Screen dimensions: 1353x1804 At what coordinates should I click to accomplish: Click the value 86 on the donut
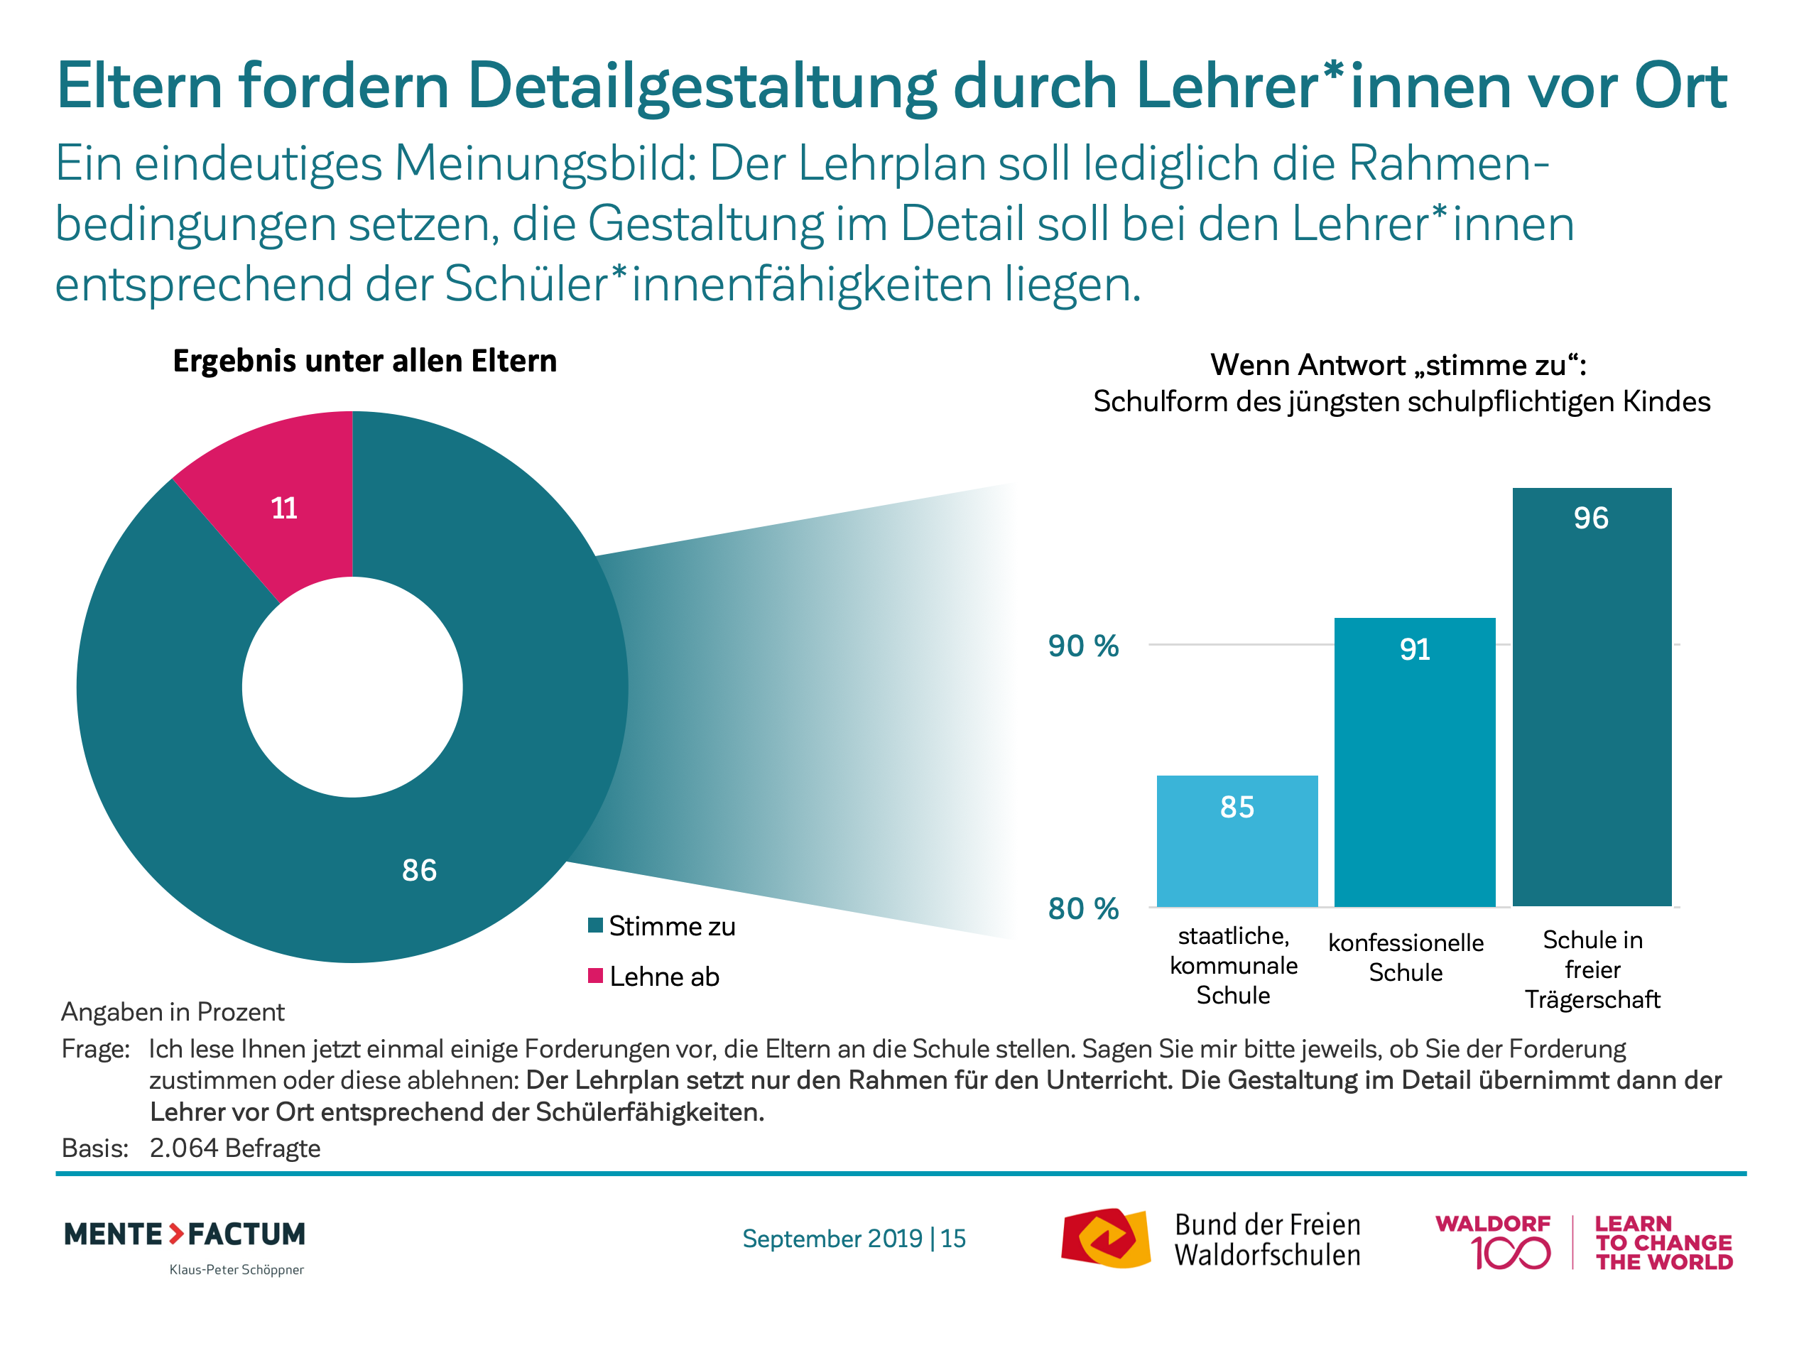tap(419, 870)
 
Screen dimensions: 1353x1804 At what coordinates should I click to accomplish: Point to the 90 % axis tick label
tap(1083, 646)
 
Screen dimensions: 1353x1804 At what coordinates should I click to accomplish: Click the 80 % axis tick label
tap(1083, 908)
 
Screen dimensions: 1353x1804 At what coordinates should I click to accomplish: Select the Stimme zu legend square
tap(595, 925)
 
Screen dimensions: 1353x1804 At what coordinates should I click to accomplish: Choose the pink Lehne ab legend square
tap(595, 975)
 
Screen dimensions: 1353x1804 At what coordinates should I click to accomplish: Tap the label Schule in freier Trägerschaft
tap(1592, 969)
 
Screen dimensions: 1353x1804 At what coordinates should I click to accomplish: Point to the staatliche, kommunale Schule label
tap(1233, 966)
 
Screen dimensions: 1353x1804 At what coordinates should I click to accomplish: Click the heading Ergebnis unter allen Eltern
tap(364, 362)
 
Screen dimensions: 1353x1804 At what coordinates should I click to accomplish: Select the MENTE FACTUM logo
tap(185, 1234)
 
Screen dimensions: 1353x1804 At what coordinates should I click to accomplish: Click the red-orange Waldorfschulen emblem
tap(1105, 1238)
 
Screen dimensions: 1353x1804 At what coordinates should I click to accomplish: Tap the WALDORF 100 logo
tap(1494, 1242)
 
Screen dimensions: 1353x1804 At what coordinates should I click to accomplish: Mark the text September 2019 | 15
tap(854, 1239)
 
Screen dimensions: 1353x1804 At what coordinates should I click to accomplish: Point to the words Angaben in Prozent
tap(173, 1012)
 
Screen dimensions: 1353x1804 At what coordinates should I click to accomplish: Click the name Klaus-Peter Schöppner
tap(237, 1270)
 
